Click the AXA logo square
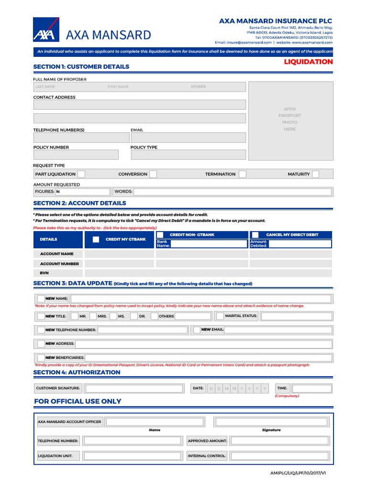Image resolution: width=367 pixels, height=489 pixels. click(46, 30)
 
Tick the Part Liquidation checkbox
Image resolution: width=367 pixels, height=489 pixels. click(82, 174)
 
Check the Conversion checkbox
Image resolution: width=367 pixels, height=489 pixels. click(152, 174)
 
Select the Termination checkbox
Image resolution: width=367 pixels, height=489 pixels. click(243, 174)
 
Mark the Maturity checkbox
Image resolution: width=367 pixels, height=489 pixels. click(315, 174)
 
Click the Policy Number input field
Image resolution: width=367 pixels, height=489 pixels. click(76, 155)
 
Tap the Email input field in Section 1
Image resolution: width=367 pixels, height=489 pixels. click(188, 138)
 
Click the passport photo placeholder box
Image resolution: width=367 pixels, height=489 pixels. click(291, 120)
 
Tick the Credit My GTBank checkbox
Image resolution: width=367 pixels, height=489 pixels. click(96, 239)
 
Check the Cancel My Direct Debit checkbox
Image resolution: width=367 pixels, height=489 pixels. click(256, 234)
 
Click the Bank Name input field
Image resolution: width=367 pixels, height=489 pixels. click(208, 244)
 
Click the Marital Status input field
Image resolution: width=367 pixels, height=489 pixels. click(296, 316)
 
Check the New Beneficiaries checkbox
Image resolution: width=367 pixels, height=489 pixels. click(41, 357)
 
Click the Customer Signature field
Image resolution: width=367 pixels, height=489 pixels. click(133, 388)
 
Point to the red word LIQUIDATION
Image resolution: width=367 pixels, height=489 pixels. click(308, 62)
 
